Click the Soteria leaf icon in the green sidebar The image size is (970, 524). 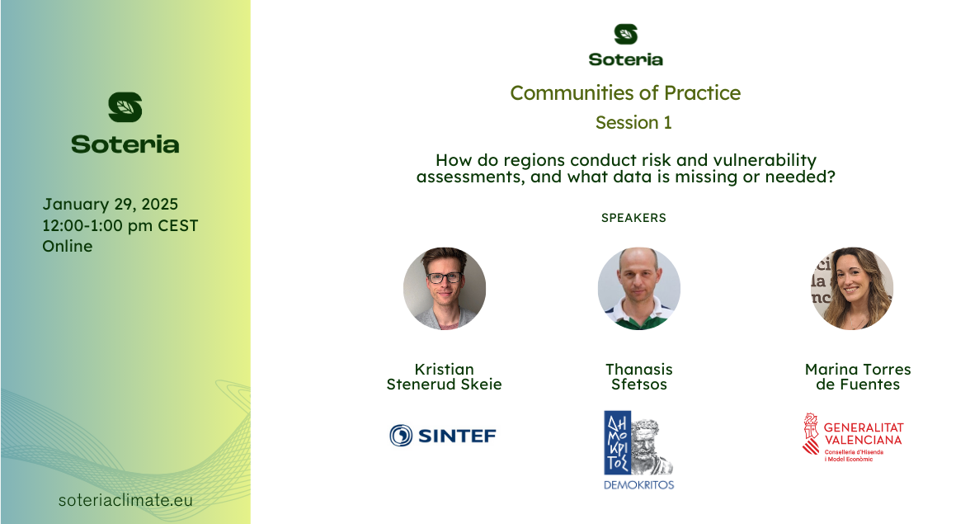point(125,107)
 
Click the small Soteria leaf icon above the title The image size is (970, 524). point(625,34)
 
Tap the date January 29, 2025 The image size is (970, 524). point(111,204)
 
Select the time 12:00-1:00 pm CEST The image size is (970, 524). point(120,226)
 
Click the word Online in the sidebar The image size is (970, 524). point(68,246)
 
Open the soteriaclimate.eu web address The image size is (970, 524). point(125,500)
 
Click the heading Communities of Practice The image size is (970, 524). point(625,92)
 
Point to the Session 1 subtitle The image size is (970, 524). point(633,122)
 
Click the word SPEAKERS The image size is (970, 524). point(633,218)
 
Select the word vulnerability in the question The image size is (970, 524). point(765,160)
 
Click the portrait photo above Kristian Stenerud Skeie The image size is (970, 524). point(444,288)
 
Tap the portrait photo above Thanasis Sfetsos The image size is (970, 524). point(639,288)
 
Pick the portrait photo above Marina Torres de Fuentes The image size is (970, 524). point(852,288)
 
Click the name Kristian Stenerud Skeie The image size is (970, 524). point(444,377)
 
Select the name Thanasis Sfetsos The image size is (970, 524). point(639,377)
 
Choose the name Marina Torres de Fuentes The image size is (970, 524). point(858,377)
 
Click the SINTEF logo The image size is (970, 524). point(443,436)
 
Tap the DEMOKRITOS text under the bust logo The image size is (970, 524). point(639,485)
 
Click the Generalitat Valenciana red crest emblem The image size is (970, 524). point(810,434)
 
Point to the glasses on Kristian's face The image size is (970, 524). point(445,278)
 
